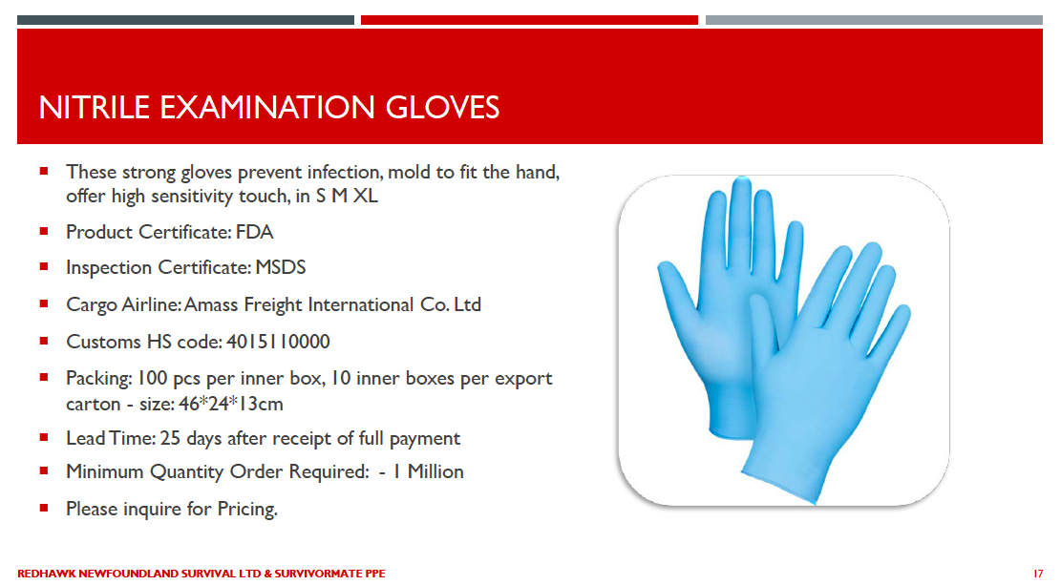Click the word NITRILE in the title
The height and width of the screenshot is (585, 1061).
click(94, 108)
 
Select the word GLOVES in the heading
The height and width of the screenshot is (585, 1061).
click(442, 108)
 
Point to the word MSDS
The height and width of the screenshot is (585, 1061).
click(280, 268)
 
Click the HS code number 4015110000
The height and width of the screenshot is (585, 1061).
click(278, 342)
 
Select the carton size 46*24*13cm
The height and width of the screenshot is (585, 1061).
click(231, 404)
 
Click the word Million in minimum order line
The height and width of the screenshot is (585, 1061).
click(435, 471)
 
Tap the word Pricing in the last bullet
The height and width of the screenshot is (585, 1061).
click(247, 509)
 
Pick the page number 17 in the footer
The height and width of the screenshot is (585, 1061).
click(1038, 574)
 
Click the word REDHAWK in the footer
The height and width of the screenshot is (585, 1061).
click(47, 574)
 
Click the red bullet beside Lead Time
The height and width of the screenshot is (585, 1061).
click(44, 438)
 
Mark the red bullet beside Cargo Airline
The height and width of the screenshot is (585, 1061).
click(44, 303)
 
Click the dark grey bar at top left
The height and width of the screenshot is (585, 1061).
click(185, 20)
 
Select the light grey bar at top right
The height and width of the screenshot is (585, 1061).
click(874, 20)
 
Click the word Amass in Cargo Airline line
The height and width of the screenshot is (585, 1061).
click(211, 304)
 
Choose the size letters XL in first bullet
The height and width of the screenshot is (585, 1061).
click(366, 197)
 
